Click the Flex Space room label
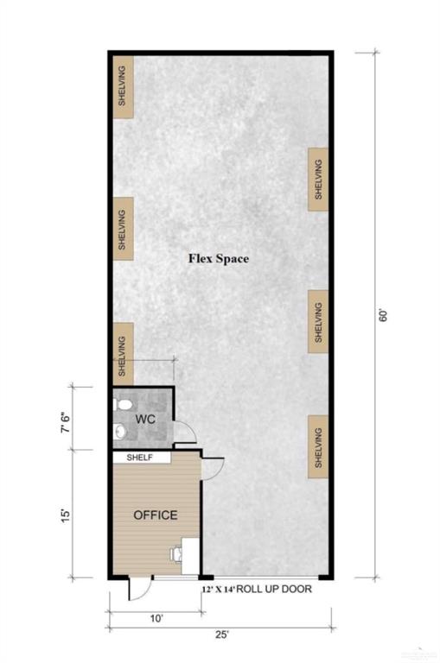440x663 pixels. pos(219,258)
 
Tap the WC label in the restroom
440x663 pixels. pos(145,420)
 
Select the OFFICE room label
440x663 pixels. pos(156,515)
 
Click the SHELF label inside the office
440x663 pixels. pos(140,458)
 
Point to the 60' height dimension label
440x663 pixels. pos(383,316)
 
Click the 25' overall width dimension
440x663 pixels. pos(221,635)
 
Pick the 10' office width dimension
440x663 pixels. pos(156,619)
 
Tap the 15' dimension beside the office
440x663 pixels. pos(66,515)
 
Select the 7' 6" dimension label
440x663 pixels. pos(66,422)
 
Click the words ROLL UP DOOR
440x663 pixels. pos(273,589)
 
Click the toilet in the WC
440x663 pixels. pos(123,405)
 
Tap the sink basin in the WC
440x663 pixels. pos(121,432)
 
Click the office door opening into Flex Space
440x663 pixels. pos(213,469)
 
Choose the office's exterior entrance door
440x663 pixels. pos(140,588)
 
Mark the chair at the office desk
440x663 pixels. pos(175,553)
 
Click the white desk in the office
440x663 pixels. pos(190,556)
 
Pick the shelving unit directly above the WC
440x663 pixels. pos(124,355)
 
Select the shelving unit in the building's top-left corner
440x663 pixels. pos(124,86)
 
